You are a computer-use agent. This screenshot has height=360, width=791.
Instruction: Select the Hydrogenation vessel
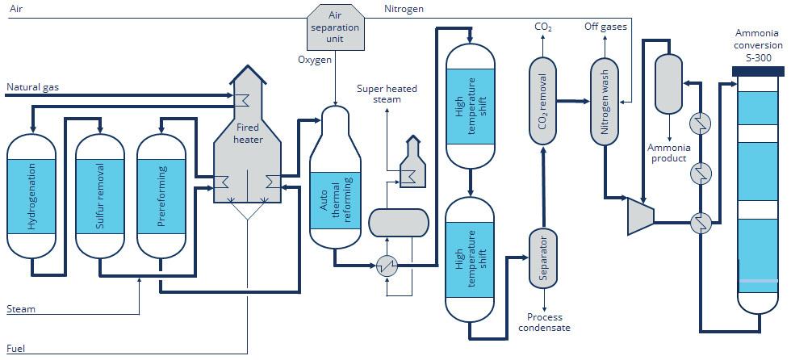[31, 196]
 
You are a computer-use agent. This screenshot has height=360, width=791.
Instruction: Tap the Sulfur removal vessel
[100, 196]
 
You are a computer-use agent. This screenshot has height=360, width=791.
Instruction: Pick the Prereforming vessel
[161, 196]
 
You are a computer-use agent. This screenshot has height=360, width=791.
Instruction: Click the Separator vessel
[543, 258]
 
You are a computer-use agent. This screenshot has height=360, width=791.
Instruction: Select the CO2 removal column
[543, 101]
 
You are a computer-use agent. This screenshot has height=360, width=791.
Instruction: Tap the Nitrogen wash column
[605, 101]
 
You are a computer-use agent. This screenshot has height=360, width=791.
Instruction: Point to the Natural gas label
[33, 86]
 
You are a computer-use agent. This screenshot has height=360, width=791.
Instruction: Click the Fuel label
[16, 349]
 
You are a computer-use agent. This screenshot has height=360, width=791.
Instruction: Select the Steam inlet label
[21, 309]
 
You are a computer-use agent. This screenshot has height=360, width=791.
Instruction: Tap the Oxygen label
[314, 60]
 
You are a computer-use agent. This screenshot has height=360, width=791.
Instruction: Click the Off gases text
[605, 27]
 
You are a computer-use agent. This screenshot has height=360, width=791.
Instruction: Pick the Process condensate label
[543, 323]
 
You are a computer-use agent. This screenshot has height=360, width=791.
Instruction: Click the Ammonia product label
[668, 153]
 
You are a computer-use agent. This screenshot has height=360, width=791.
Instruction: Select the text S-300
[758, 57]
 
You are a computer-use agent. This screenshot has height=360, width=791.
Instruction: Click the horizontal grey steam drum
[398, 221]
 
